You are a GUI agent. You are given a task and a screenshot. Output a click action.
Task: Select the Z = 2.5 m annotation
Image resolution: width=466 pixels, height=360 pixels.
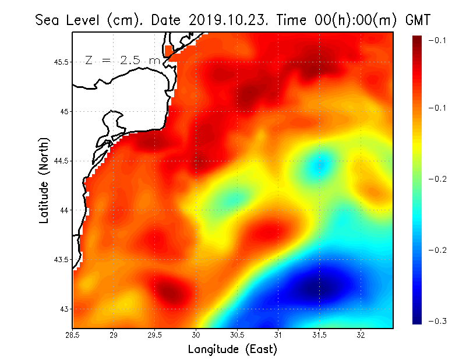[122, 61]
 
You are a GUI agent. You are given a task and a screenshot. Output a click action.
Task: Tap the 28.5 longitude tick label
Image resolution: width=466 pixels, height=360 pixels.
[73, 335]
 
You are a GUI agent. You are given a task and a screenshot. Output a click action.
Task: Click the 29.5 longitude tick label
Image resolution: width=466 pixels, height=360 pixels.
[155, 335]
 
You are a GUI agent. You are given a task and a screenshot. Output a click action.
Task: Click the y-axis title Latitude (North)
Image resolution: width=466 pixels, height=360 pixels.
[44, 181]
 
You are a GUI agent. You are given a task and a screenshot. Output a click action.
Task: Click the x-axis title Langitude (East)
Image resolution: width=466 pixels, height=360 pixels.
[232, 350]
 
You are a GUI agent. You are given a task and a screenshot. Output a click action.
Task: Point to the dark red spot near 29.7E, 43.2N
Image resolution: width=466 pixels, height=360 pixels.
[170, 290]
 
